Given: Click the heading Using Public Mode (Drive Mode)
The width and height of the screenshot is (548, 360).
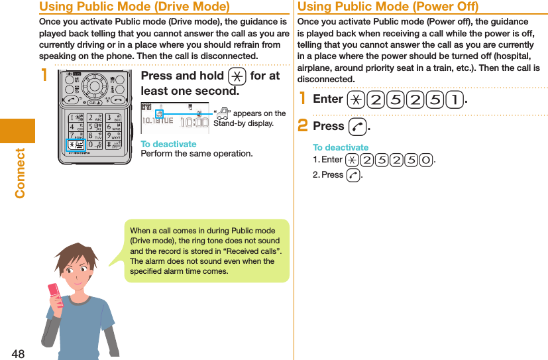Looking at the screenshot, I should pos(135,7).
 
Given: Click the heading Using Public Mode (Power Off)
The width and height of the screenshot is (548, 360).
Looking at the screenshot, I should pos(388,7).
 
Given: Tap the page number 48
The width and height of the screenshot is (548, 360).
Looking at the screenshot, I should pos(17,353).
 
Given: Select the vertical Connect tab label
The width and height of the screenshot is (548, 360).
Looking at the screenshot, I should pos(20,172).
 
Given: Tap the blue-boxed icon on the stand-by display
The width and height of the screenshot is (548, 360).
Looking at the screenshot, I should pos(159,115).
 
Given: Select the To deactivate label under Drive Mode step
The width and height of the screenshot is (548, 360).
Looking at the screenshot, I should pos(168,144).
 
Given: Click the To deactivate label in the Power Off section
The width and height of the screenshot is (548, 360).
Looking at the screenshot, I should pos(340,147).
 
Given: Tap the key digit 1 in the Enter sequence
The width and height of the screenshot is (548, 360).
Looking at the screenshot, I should pos(455,99).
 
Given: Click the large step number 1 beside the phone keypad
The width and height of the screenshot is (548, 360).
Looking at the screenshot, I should pos(44,75).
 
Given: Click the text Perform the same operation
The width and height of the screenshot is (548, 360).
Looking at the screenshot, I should pos(197,154).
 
